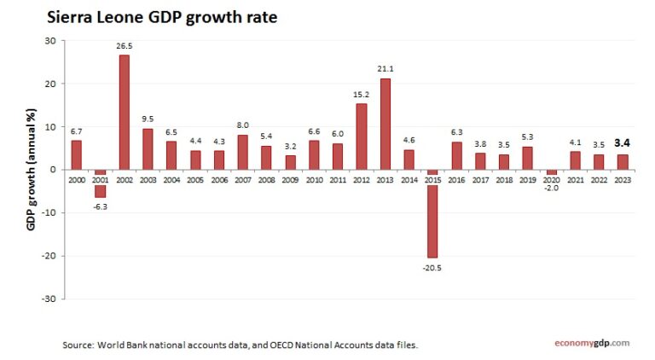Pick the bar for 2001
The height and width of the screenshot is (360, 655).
click(100, 183)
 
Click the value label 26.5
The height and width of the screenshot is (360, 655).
click(124, 48)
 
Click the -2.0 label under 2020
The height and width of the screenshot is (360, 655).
click(551, 187)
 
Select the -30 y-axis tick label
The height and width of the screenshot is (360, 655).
click(49, 299)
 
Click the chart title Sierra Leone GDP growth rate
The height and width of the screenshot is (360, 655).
click(161, 16)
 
